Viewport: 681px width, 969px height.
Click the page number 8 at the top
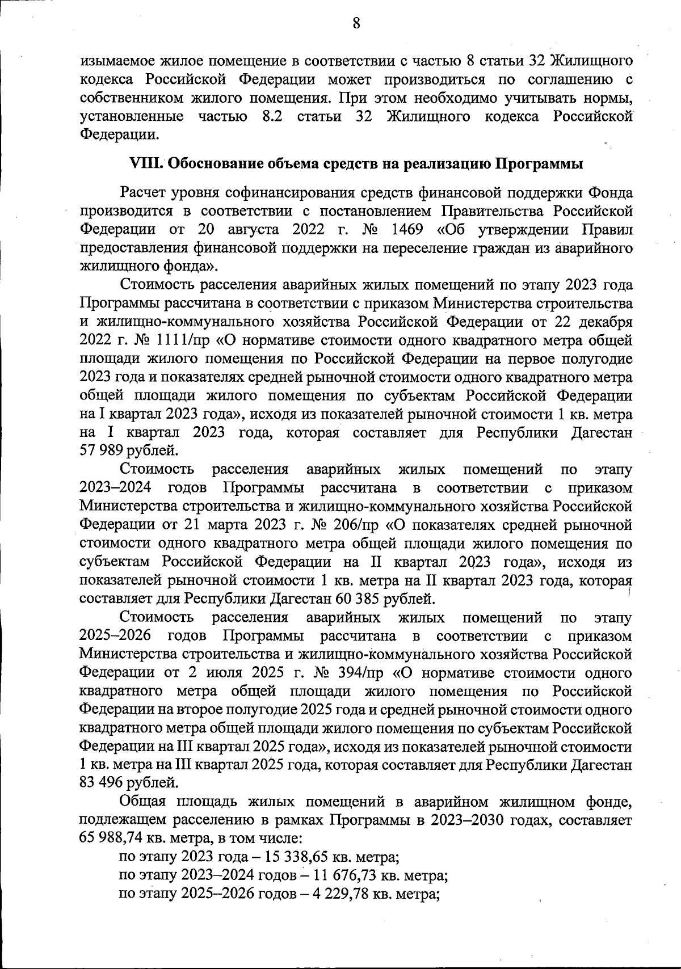[356, 23]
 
